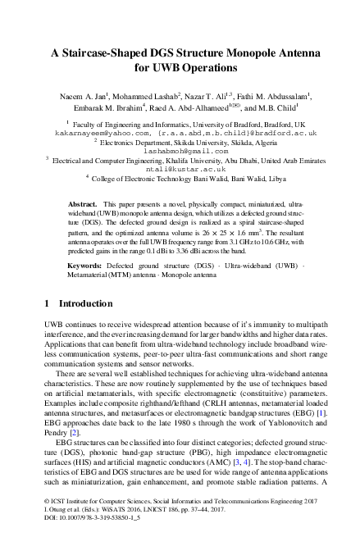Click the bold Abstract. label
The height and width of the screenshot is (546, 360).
click(x=104, y=202)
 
